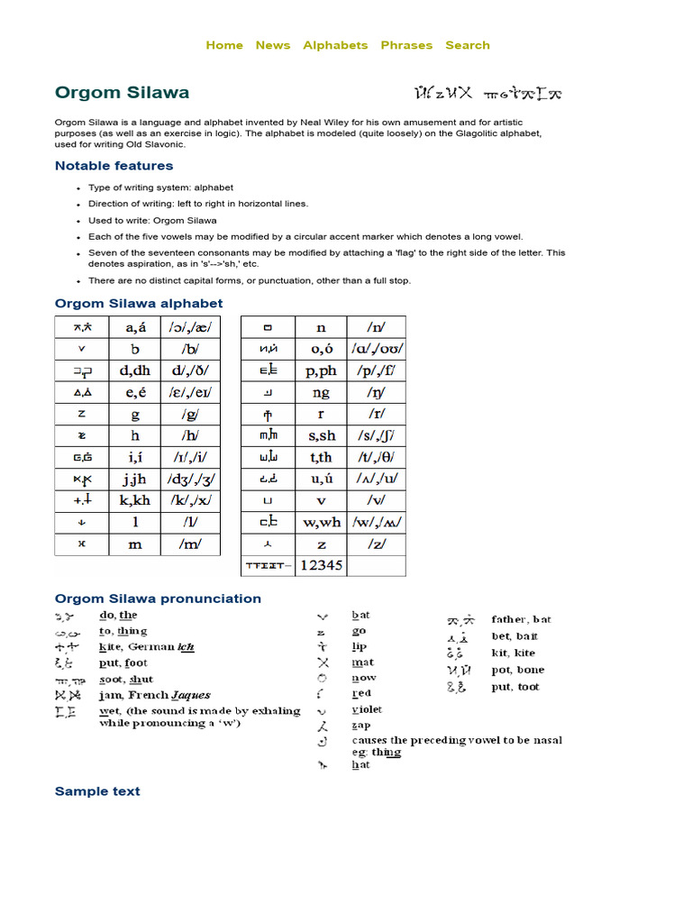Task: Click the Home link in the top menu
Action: (x=224, y=45)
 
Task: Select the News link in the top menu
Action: (x=272, y=45)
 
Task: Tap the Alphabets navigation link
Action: (x=335, y=45)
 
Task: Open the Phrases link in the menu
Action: (x=406, y=45)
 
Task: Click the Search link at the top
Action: (x=468, y=45)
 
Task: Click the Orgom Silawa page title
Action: (x=122, y=93)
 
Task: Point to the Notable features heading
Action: (x=114, y=166)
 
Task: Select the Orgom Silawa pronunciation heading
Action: (x=158, y=599)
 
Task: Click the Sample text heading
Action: (x=97, y=791)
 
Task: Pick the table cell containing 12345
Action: (x=320, y=565)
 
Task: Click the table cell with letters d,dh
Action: (x=135, y=370)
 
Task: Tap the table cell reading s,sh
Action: (x=320, y=435)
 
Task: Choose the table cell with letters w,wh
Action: (x=320, y=522)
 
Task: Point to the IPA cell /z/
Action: (x=376, y=544)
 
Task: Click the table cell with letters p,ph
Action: (x=320, y=370)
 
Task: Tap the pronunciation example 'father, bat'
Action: (x=521, y=619)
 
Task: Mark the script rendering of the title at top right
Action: (x=487, y=93)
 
